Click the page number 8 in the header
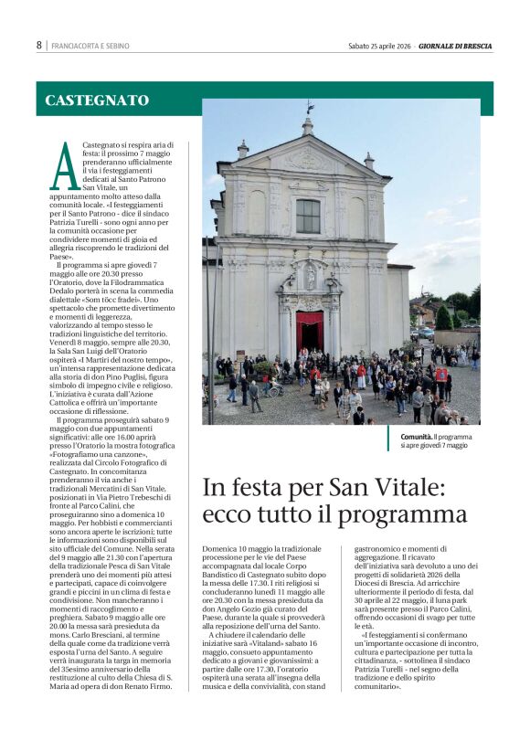(39, 45)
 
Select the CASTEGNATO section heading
(97, 101)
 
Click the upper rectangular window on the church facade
(308, 216)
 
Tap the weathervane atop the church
(309, 107)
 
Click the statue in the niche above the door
(310, 274)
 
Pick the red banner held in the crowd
(441, 374)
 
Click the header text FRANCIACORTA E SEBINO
(90, 46)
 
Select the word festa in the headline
(261, 487)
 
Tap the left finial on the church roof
(243, 148)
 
